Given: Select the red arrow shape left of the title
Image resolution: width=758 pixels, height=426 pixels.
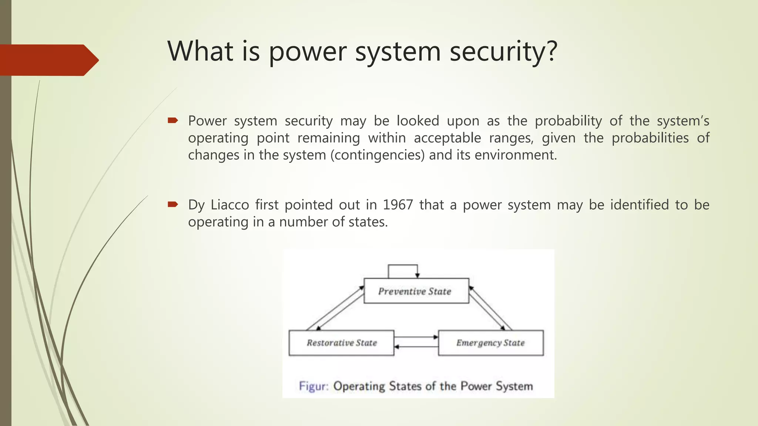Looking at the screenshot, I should click(48, 60).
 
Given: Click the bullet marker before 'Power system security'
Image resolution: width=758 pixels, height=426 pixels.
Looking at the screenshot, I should click(173, 120).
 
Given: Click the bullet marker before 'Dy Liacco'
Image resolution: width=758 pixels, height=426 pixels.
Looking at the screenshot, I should click(173, 204).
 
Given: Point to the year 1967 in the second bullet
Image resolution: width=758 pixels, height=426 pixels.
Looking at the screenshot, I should click(398, 205).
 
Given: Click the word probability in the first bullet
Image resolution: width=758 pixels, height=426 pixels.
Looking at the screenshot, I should click(568, 121).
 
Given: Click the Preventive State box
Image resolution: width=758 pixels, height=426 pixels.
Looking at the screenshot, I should click(416, 291).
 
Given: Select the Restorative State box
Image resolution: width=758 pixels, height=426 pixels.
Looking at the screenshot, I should click(341, 343).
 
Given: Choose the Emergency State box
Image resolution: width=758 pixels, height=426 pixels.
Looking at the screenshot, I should click(490, 343).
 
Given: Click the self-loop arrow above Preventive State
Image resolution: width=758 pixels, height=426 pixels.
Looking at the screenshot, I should click(403, 266).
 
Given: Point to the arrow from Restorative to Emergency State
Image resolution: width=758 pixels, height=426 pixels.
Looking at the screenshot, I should click(415, 337).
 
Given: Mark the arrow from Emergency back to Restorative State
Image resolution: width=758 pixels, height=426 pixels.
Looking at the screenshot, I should click(415, 347).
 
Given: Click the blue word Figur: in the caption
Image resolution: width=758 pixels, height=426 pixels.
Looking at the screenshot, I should click(313, 386).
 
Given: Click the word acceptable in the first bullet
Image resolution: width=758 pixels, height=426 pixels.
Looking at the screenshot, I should click(447, 138).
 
